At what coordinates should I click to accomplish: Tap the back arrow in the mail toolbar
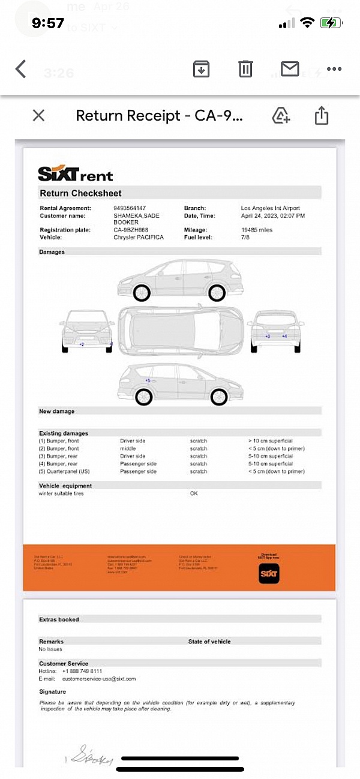pyautogui.click(x=21, y=69)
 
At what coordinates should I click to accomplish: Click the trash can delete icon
pyautogui.click(x=245, y=69)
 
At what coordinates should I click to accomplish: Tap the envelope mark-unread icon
pyautogui.click(x=290, y=69)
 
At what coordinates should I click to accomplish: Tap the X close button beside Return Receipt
pyautogui.click(x=38, y=115)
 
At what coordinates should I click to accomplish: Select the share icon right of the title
pyautogui.click(x=322, y=115)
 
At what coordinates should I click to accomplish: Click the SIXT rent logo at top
pyautogui.click(x=75, y=174)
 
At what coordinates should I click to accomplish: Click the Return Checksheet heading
pyautogui.click(x=80, y=193)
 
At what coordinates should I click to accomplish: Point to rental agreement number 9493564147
pyautogui.click(x=130, y=208)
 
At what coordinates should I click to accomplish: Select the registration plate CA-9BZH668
pyautogui.click(x=130, y=230)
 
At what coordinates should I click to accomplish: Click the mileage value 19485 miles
pyautogui.click(x=257, y=230)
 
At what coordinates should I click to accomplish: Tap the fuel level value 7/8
pyautogui.click(x=245, y=238)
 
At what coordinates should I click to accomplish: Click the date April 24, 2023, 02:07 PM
pyautogui.click(x=272, y=215)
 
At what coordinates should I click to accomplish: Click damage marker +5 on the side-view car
pyautogui.click(x=148, y=380)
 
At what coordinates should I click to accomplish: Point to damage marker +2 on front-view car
pyautogui.click(x=82, y=344)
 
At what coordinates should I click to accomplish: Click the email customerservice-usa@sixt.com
pyautogui.click(x=99, y=679)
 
